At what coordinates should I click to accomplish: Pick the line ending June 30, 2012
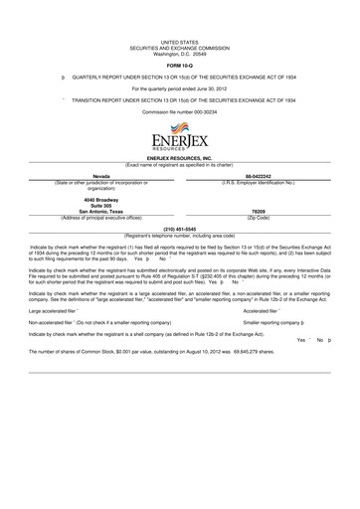pos(179,86)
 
